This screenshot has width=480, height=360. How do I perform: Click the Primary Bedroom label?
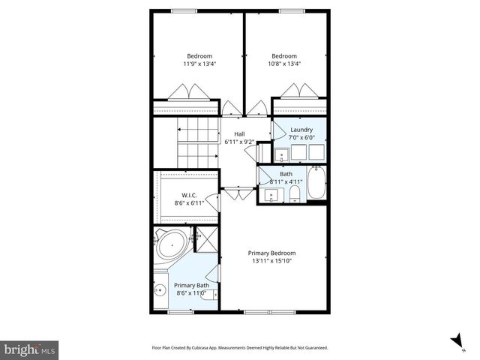[271, 253]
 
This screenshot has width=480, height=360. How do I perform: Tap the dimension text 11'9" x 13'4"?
[199, 64]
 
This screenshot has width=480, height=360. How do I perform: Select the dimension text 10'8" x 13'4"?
[284, 64]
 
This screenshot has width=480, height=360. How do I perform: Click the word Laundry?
[301, 130]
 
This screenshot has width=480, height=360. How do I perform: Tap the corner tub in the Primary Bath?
[172, 244]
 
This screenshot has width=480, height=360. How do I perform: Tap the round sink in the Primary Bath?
[160, 291]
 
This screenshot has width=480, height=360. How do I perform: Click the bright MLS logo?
[30, 349]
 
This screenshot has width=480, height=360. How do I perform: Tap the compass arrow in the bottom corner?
[456, 341]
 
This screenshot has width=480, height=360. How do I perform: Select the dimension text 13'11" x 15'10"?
[271, 261]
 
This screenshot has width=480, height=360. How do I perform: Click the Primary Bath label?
[192, 285]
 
